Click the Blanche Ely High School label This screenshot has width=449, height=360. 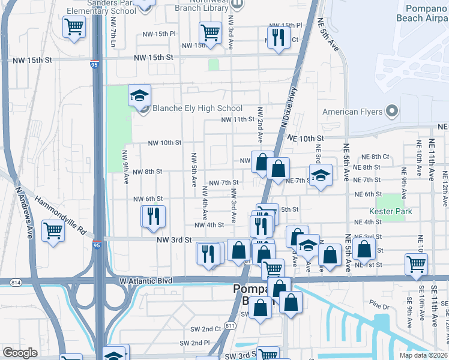pyautogui.click(x=197, y=109)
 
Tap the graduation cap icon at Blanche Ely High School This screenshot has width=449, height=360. pyautogui.click(x=139, y=96)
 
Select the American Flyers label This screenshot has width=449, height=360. pyautogui.click(x=353, y=112)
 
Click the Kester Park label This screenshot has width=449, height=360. pyautogui.click(x=391, y=211)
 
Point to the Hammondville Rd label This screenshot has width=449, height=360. pyautogui.click(x=61, y=214)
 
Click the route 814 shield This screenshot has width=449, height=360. pyautogui.click(x=16, y=281)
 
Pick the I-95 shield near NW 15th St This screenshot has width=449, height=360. pyautogui.click(x=94, y=64)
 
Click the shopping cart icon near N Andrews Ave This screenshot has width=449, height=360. pyautogui.click(x=53, y=229)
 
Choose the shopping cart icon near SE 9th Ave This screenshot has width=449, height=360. pyautogui.click(x=416, y=263)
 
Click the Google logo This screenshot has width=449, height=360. pyautogui.click(x=20, y=353)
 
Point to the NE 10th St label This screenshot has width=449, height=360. pyautogui.click(x=305, y=138)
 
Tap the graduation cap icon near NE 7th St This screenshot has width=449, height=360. pyautogui.click(x=321, y=176)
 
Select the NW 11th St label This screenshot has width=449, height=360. pyautogui.click(x=238, y=119)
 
